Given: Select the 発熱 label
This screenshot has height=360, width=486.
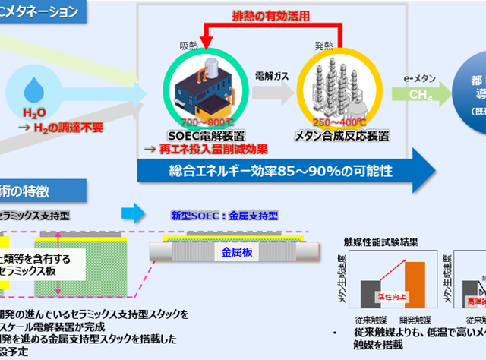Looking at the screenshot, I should (325, 46).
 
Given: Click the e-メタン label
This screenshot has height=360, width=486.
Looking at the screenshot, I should (418, 78).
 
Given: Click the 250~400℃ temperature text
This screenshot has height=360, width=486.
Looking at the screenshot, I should (340, 122).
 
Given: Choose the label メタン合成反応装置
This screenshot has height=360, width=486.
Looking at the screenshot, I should (342, 136).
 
